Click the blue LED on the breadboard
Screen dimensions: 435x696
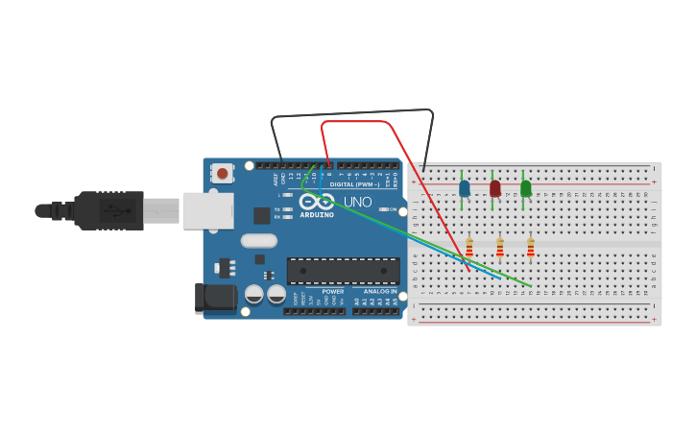pyautogui.click(x=465, y=188)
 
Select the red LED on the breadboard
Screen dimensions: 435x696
pyautogui.click(x=495, y=188)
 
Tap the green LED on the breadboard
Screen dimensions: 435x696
pyautogui.click(x=525, y=188)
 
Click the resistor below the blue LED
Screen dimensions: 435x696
pyautogui.click(x=469, y=249)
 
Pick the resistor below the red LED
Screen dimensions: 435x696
pyautogui.click(x=500, y=249)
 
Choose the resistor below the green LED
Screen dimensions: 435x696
pyautogui.click(x=531, y=249)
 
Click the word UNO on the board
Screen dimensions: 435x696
pyautogui.click(x=357, y=202)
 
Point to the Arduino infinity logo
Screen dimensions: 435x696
pyautogui.click(x=316, y=202)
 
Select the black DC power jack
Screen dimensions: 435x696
pyautogui.click(x=216, y=298)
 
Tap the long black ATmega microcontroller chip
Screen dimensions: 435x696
pyautogui.click(x=343, y=271)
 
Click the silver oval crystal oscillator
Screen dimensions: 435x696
pyautogui.click(x=259, y=241)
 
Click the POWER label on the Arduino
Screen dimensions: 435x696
pyautogui.click(x=332, y=291)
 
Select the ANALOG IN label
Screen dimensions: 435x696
pyautogui.click(x=379, y=291)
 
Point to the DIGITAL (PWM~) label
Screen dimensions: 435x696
pyautogui.click(x=353, y=183)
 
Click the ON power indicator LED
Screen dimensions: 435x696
pyautogui.click(x=383, y=209)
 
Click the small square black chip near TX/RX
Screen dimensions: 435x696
pyautogui.click(x=261, y=215)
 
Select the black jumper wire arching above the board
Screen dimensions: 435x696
pyautogui.click(x=350, y=113)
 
